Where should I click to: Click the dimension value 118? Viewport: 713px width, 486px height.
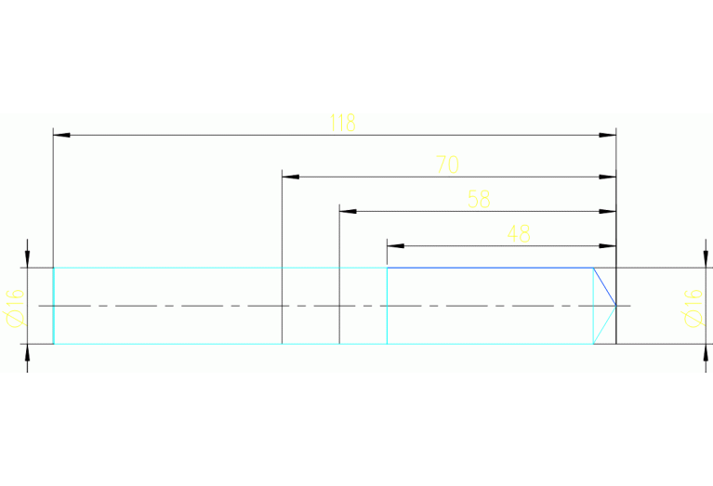(x=343, y=124)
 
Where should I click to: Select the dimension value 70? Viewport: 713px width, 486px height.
(x=447, y=165)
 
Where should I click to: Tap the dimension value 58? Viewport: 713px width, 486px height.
(x=479, y=200)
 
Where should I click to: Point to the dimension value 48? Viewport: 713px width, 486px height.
(x=519, y=234)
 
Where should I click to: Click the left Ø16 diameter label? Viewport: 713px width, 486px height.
(x=15, y=307)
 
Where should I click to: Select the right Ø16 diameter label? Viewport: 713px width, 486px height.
(x=691, y=307)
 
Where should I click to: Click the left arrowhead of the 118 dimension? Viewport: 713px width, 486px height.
(x=61, y=136)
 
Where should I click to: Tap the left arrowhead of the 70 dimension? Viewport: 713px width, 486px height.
(x=290, y=176)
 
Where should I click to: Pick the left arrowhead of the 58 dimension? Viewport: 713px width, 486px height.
(x=348, y=211)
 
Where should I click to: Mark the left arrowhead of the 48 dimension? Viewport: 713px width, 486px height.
(x=395, y=246)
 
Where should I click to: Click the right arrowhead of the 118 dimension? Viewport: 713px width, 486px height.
(x=608, y=136)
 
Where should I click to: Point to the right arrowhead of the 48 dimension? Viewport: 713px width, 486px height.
(x=608, y=246)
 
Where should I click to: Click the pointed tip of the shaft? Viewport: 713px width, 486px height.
(x=615, y=306)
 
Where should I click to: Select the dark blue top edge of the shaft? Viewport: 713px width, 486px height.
(x=490, y=268)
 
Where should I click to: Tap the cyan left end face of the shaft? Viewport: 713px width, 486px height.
(x=53, y=306)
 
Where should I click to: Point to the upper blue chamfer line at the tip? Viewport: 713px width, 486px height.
(x=604, y=286)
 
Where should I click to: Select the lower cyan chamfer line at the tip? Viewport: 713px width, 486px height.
(x=604, y=325)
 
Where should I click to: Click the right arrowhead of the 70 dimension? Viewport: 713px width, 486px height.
(x=608, y=176)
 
